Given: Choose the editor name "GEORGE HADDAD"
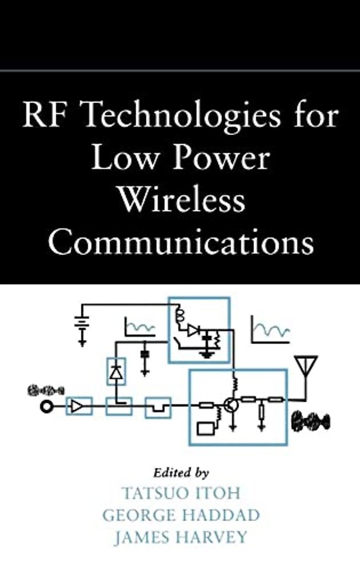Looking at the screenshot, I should coord(181,515).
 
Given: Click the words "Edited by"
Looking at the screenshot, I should coord(181,474).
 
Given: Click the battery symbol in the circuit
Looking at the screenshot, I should coord(82,324).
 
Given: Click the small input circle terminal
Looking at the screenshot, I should coord(44,407).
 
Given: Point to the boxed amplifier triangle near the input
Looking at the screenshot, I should coord(79,407).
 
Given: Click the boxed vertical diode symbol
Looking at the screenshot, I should coord(115,372).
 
